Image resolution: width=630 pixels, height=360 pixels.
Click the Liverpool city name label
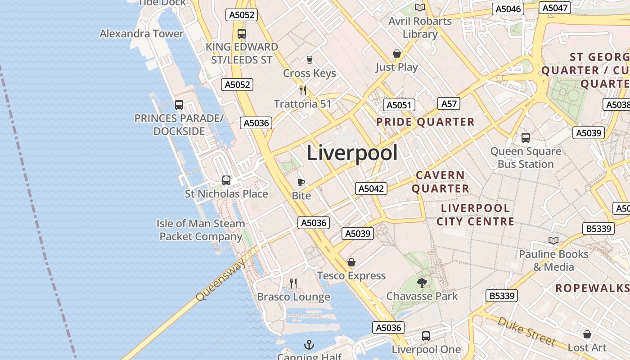pyautogui.click(x=352, y=153)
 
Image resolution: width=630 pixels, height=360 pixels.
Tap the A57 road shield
pyautogui.click(x=449, y=104)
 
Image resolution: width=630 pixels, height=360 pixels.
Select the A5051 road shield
pyautogui.click(x=399, y=105)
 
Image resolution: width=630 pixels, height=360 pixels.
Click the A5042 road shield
pyautogui.click(x=371, y=189)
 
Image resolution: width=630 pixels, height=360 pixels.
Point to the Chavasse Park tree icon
pyautogui.click(x=422, y=283)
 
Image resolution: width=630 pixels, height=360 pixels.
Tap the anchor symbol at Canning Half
pyautogui.click(x=309, y=345)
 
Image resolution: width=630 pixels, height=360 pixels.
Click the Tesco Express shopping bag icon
pyautogui.click(x=351, y=262)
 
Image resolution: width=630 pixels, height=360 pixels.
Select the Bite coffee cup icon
pyautogui.click(x=301, y=182)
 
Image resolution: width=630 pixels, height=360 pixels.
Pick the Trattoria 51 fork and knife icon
pyautogui.click(x=303, y=90)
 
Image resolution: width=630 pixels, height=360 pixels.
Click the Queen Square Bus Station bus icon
pyautogui.click(x=525, y=138)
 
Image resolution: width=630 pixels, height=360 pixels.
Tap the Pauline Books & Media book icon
pyautogui.click(x=553, y=241)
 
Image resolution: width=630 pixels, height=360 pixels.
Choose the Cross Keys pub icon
pyautogui.click(x=309, y=60)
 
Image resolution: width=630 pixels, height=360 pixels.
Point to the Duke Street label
pyautogui.click(x=526, y=331)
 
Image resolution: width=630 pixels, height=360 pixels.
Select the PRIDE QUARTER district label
pyautogui.click(x=425, y=122)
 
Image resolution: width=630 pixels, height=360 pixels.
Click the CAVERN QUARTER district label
pyautogui.click(x=440, y=182)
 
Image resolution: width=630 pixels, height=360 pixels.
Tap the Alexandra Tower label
pyautogui.click(x=141, y=34)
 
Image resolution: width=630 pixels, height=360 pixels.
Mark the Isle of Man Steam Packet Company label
pyautogui.click(x=201, y=230)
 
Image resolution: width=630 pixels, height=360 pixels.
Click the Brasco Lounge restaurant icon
pyautogui.click(x=293, y=283)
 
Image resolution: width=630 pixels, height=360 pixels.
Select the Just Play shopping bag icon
pyautogui.click(x=397, y=54)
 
